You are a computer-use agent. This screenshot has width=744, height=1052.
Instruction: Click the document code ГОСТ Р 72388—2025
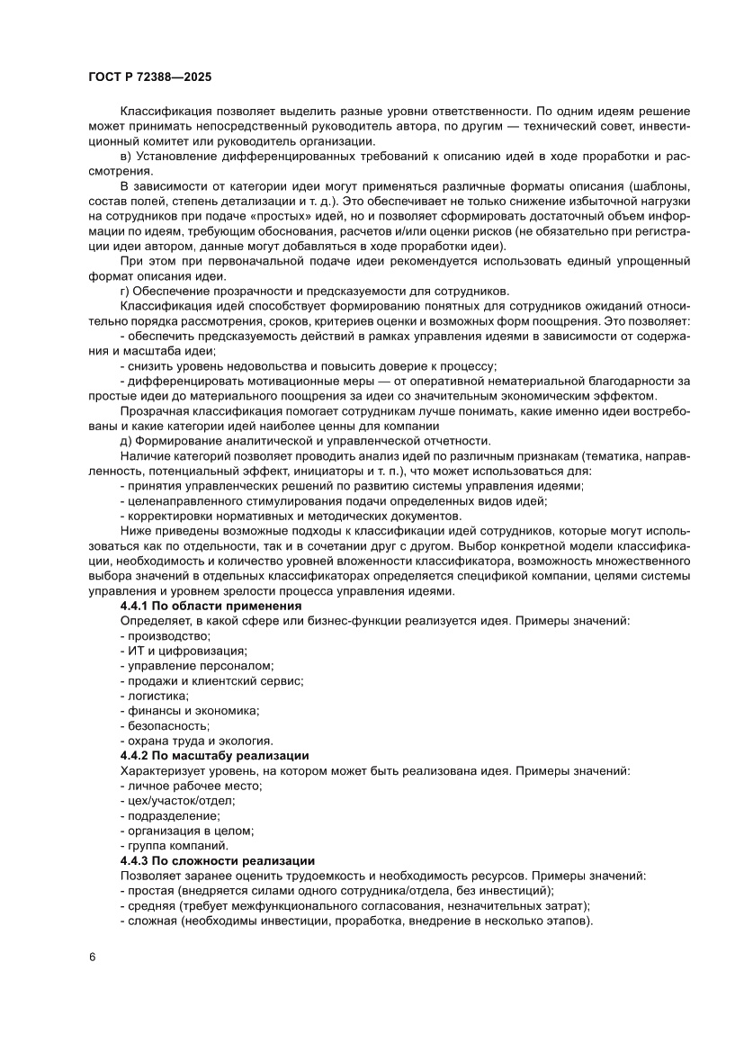pos(149,77)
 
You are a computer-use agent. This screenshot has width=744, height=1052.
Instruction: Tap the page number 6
pos(92,956)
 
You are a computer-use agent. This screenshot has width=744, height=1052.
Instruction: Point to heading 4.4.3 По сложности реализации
pos(217,860)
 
